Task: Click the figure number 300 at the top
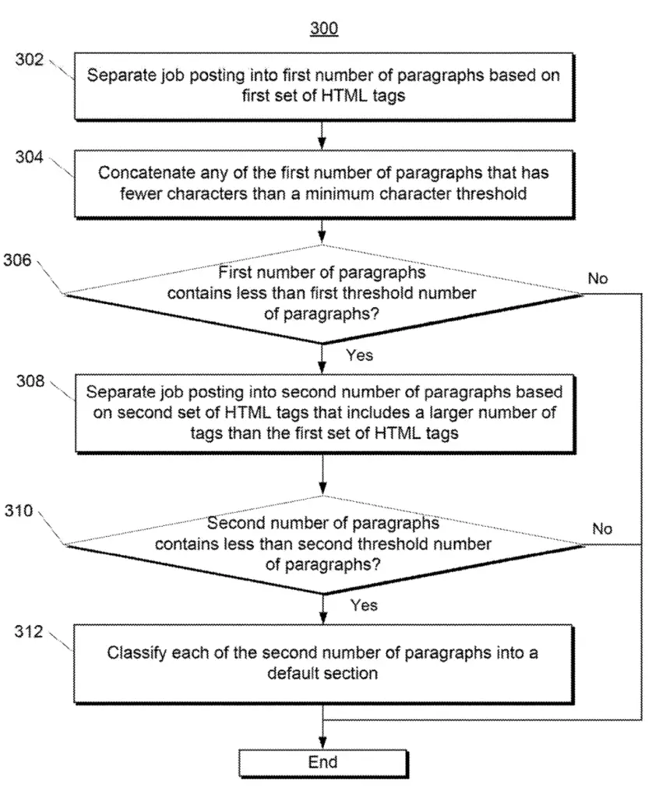tap(323, 27)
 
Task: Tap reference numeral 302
tap(30, 59)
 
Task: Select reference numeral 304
tap(29, 157)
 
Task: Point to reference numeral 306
tap(17, 260)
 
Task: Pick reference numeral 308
tap(30, 380)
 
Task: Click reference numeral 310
tap(19, 510)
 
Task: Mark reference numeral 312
tap(29, 631)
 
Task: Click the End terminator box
tap(323, 763)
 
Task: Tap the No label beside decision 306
tap(597, 278)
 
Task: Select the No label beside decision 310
tap(602, 529)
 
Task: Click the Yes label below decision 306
tap(359, 355)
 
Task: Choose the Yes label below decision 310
tap(364, 605)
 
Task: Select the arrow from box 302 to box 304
tap(322, 135)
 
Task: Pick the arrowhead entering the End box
tap(322, 743)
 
